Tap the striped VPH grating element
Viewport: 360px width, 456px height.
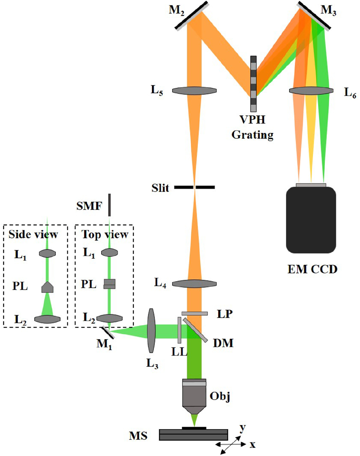click(x=254, y=83)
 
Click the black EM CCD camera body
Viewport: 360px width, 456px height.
click(x=311, y=220)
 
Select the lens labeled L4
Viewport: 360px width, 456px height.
click(x=194, y=284)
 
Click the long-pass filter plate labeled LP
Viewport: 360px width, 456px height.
click(x=194, y=314)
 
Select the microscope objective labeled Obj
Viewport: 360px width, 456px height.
click(x=194, y=396)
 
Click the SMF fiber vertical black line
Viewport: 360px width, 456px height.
click(x=109, y=205)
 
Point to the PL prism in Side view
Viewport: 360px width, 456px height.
click(x=47, y=287)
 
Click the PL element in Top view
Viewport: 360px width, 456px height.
click(x=109, y=284)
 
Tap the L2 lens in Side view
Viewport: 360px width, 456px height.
click(x=47, y=319)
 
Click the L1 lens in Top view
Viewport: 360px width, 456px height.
click(x=109, y=253)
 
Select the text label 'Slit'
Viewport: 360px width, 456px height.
click(x=160, y=188)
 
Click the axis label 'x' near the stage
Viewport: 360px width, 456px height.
click(x=252, y=445)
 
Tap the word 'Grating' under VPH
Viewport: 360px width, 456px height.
click(x=252, y=135)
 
